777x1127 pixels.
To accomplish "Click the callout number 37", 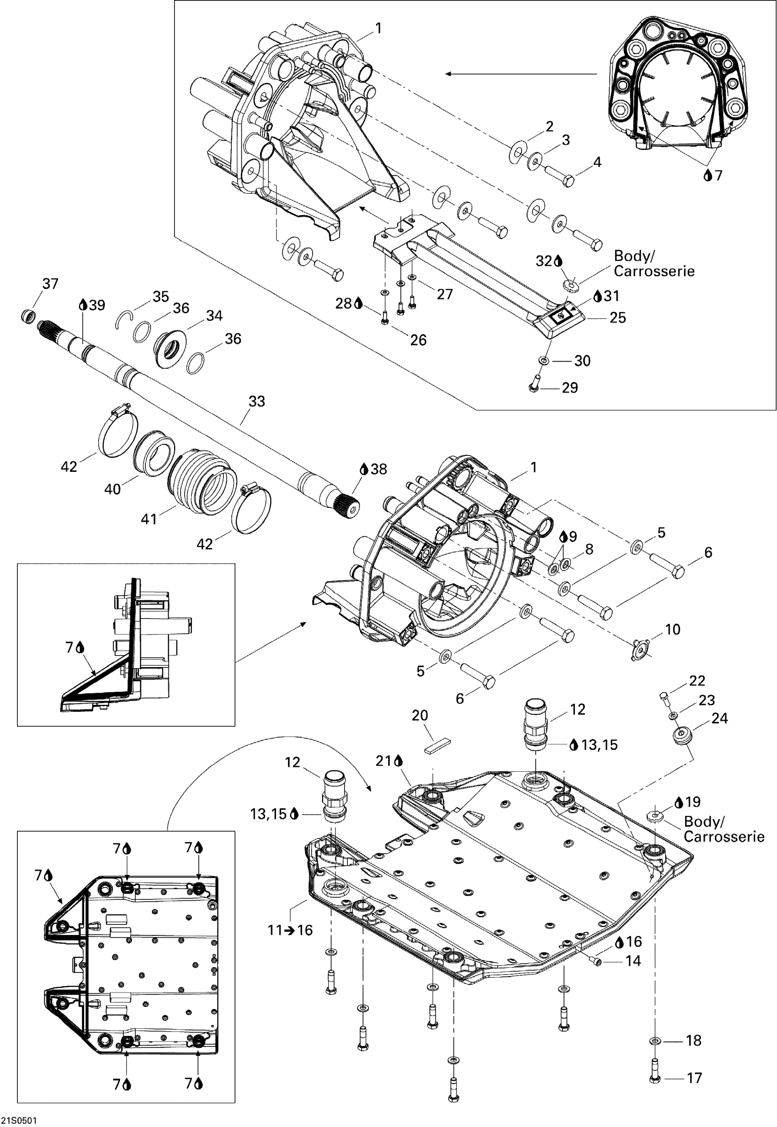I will tap(51, 283).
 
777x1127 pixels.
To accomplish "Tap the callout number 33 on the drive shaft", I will tap(256, 401).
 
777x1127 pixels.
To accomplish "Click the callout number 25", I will tap(618, 318).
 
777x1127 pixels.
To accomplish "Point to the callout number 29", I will tap(569, 388).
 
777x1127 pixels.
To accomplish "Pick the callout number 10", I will tap(672, 629).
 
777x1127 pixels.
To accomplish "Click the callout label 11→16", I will tap(290, 930).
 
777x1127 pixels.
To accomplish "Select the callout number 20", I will tap(420, 716).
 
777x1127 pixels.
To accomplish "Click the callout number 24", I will tap(719, 718).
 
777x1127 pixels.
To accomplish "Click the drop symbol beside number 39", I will tap(83, 305).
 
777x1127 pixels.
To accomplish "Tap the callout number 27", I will tap(444, 294).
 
